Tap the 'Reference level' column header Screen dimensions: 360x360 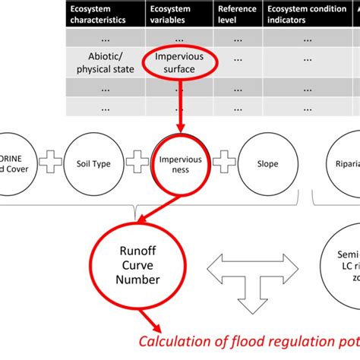[x=237, y=14]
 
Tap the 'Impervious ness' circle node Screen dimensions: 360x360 [x=180, y=163]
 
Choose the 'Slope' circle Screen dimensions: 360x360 [x=267, y=163]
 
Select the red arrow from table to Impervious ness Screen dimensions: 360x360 [x=180, y=106]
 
